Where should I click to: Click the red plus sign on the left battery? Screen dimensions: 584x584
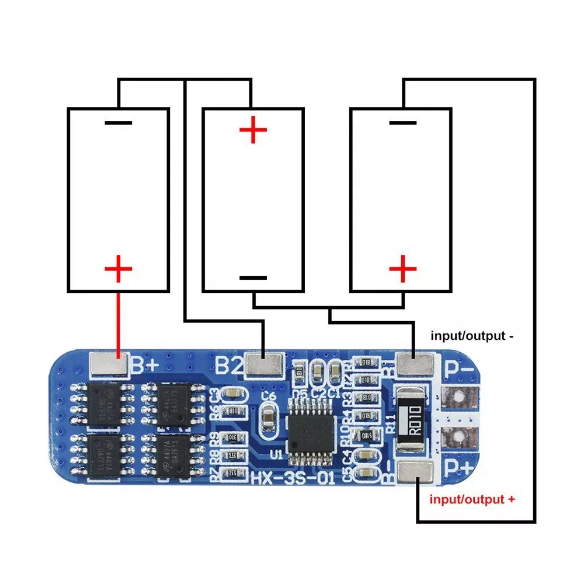[x=118, y=270]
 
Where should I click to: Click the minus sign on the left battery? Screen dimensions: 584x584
[x=118, y=123]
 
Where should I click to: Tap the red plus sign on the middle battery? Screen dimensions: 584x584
[x=253, y=130]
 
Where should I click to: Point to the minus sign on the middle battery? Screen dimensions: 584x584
[x=253, y=279]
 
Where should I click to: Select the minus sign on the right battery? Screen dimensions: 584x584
[x=402, y=123]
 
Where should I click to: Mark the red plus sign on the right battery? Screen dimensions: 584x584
[x=403, y=270]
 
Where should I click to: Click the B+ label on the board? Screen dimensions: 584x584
[x=144, y=366]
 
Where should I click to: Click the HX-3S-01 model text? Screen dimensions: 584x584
[x=292, y=480]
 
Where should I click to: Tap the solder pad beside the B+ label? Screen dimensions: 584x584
[x=109, y=365]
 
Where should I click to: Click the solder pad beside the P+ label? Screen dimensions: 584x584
[x=417, y=471]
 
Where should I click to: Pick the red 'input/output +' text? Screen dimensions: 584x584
[x=472, y=499]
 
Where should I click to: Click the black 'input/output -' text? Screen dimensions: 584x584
[x=472, y=336]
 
